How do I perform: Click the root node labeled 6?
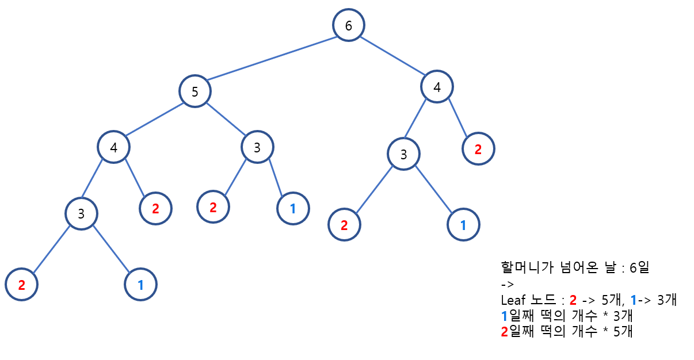tap(348, 25)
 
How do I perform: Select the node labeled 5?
tap(195, 91)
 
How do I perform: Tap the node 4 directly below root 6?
tap(437, 87)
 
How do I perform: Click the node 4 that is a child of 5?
tap(113, 147)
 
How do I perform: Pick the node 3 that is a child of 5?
tap(257, 147)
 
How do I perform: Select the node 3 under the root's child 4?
tap(403, 154)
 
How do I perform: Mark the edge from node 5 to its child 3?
tap(226, 119)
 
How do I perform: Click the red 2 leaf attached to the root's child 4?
tap(478, 149)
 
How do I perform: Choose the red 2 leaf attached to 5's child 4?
tap(155, 208)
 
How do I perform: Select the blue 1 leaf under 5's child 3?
tap(293, 208)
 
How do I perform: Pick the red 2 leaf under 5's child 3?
tap(213, 206)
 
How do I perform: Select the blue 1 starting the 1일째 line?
tap(505, 316)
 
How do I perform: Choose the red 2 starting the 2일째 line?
tap(505, 331)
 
